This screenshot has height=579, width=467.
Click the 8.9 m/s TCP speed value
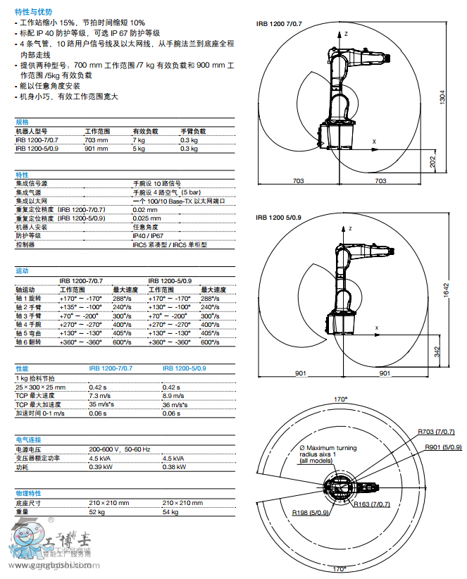(172, 396)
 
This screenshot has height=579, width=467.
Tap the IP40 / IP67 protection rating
(148, 236)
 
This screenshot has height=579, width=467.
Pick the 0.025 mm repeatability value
(145, 218)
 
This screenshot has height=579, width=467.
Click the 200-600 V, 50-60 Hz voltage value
(119, 449)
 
